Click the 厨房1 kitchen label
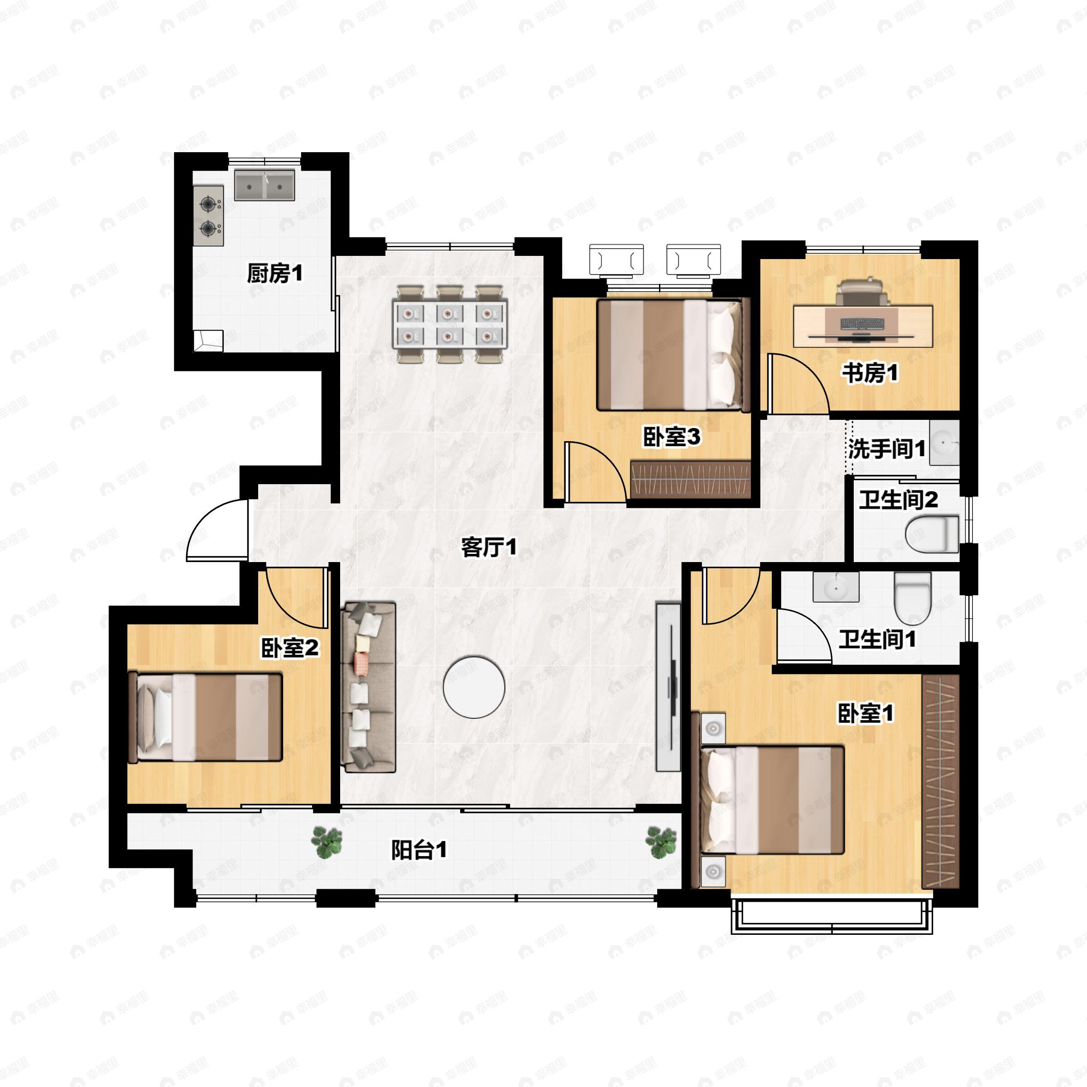pos(274,274)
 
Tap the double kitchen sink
pos(265,185)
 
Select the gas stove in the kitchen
pos(209,216)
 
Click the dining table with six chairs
pos(450,324)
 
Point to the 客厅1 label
pos(488,547)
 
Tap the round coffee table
pos(474,687)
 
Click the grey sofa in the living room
pos(369,687)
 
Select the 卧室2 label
pos(290,648)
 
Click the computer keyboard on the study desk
pos(861,324)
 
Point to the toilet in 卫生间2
pos(932,534)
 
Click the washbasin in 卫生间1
pos(836,587)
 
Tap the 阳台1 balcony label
pos(419,850)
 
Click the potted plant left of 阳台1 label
pos(327,842)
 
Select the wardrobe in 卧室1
pos(940,782)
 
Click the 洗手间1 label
pos(887,448)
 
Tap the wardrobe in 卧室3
pos(690,479)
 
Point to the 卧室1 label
pos(866,713)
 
